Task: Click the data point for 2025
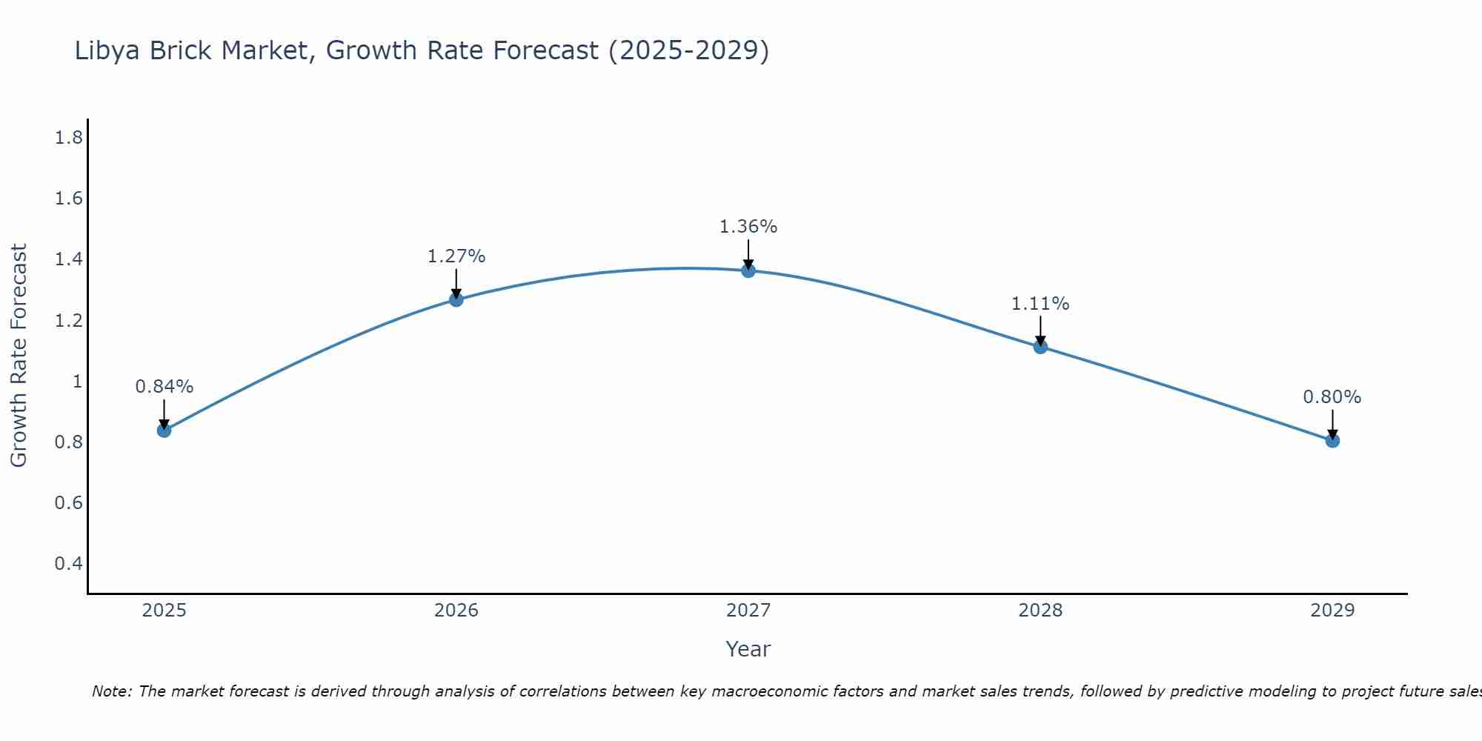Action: point(165,430)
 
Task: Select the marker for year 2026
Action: point(456,299)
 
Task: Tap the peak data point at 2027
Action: point(748,270)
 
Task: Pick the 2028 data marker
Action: point(1040,346)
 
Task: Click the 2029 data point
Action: point(1332,440)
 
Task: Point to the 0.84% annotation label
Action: point(165,387)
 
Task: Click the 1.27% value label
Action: point(456,256)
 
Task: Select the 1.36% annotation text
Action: point(748,227)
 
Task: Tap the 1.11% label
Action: point(1040,304)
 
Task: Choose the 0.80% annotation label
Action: point(1332,397)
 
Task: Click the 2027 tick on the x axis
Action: point(748,611)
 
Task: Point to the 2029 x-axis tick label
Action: point(1332,611)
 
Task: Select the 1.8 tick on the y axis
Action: point(69,138)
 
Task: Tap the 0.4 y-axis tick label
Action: point(69,564)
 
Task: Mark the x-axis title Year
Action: point(748,649)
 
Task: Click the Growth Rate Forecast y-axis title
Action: point(19,356)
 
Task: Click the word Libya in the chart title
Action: point(108,51)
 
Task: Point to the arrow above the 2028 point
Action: point(1040,330)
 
